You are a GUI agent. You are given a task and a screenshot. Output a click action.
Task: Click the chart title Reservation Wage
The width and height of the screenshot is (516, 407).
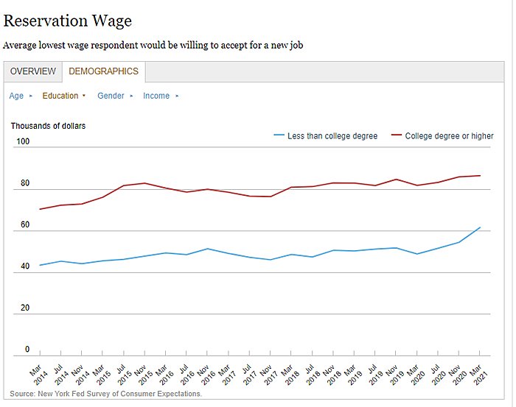pyautogui.click(x=68, y=21)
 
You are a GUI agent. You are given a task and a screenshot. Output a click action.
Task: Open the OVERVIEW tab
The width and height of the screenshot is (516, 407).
pyautogui.click(x=32, y=71)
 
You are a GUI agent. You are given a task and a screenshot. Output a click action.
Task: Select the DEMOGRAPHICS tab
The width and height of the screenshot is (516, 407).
pyautogui.click(x=103, y=71)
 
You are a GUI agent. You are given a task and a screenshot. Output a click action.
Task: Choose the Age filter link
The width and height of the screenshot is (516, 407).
pyautogui.click(x=16, y=96)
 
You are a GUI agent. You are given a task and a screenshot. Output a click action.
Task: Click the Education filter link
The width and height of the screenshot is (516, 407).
pyautogui.click(x=60, y=96)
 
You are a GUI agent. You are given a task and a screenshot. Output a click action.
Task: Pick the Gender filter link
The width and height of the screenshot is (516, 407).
pyautogui.click(x=111, y=96)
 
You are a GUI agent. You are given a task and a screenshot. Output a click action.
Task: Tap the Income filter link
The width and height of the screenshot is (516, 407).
pyautogui.click(x=156, y=96)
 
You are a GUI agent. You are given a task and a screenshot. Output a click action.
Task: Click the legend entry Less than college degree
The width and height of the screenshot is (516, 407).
pyautogui.click(x=332, y=136)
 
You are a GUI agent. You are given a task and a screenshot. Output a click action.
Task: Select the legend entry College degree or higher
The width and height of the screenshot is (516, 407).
pyautogui.click(x=449, y=136)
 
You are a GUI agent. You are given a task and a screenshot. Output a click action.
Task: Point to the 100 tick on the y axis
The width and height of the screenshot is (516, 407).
pyautogui.click(x=23, y=141)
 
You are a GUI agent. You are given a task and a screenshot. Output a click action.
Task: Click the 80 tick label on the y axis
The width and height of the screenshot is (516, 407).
pyautogui.click(x=25, y=183)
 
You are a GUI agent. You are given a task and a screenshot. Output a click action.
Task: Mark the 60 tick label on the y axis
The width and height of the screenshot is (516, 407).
pyautogui.click(x=25, y=224)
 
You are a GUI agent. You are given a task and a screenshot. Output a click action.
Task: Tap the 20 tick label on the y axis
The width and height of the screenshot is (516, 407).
pyautogui.click(x=25, y=308)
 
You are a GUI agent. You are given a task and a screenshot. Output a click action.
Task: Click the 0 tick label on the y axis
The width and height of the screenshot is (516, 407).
pyautogui.click(x=27, y=350)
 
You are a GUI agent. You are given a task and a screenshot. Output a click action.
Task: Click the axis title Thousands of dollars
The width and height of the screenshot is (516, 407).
pyautogui.click(x=48, y=126)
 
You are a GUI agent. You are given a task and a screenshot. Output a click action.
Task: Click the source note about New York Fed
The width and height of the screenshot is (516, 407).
pyautogui.click(x=106, y=394)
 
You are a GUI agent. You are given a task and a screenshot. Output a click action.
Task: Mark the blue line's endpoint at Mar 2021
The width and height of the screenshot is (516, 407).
pyautogui.click(x=480, y=227)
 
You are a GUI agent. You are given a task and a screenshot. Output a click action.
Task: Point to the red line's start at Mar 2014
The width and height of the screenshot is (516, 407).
pyautogui.click(x=40, y=209)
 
